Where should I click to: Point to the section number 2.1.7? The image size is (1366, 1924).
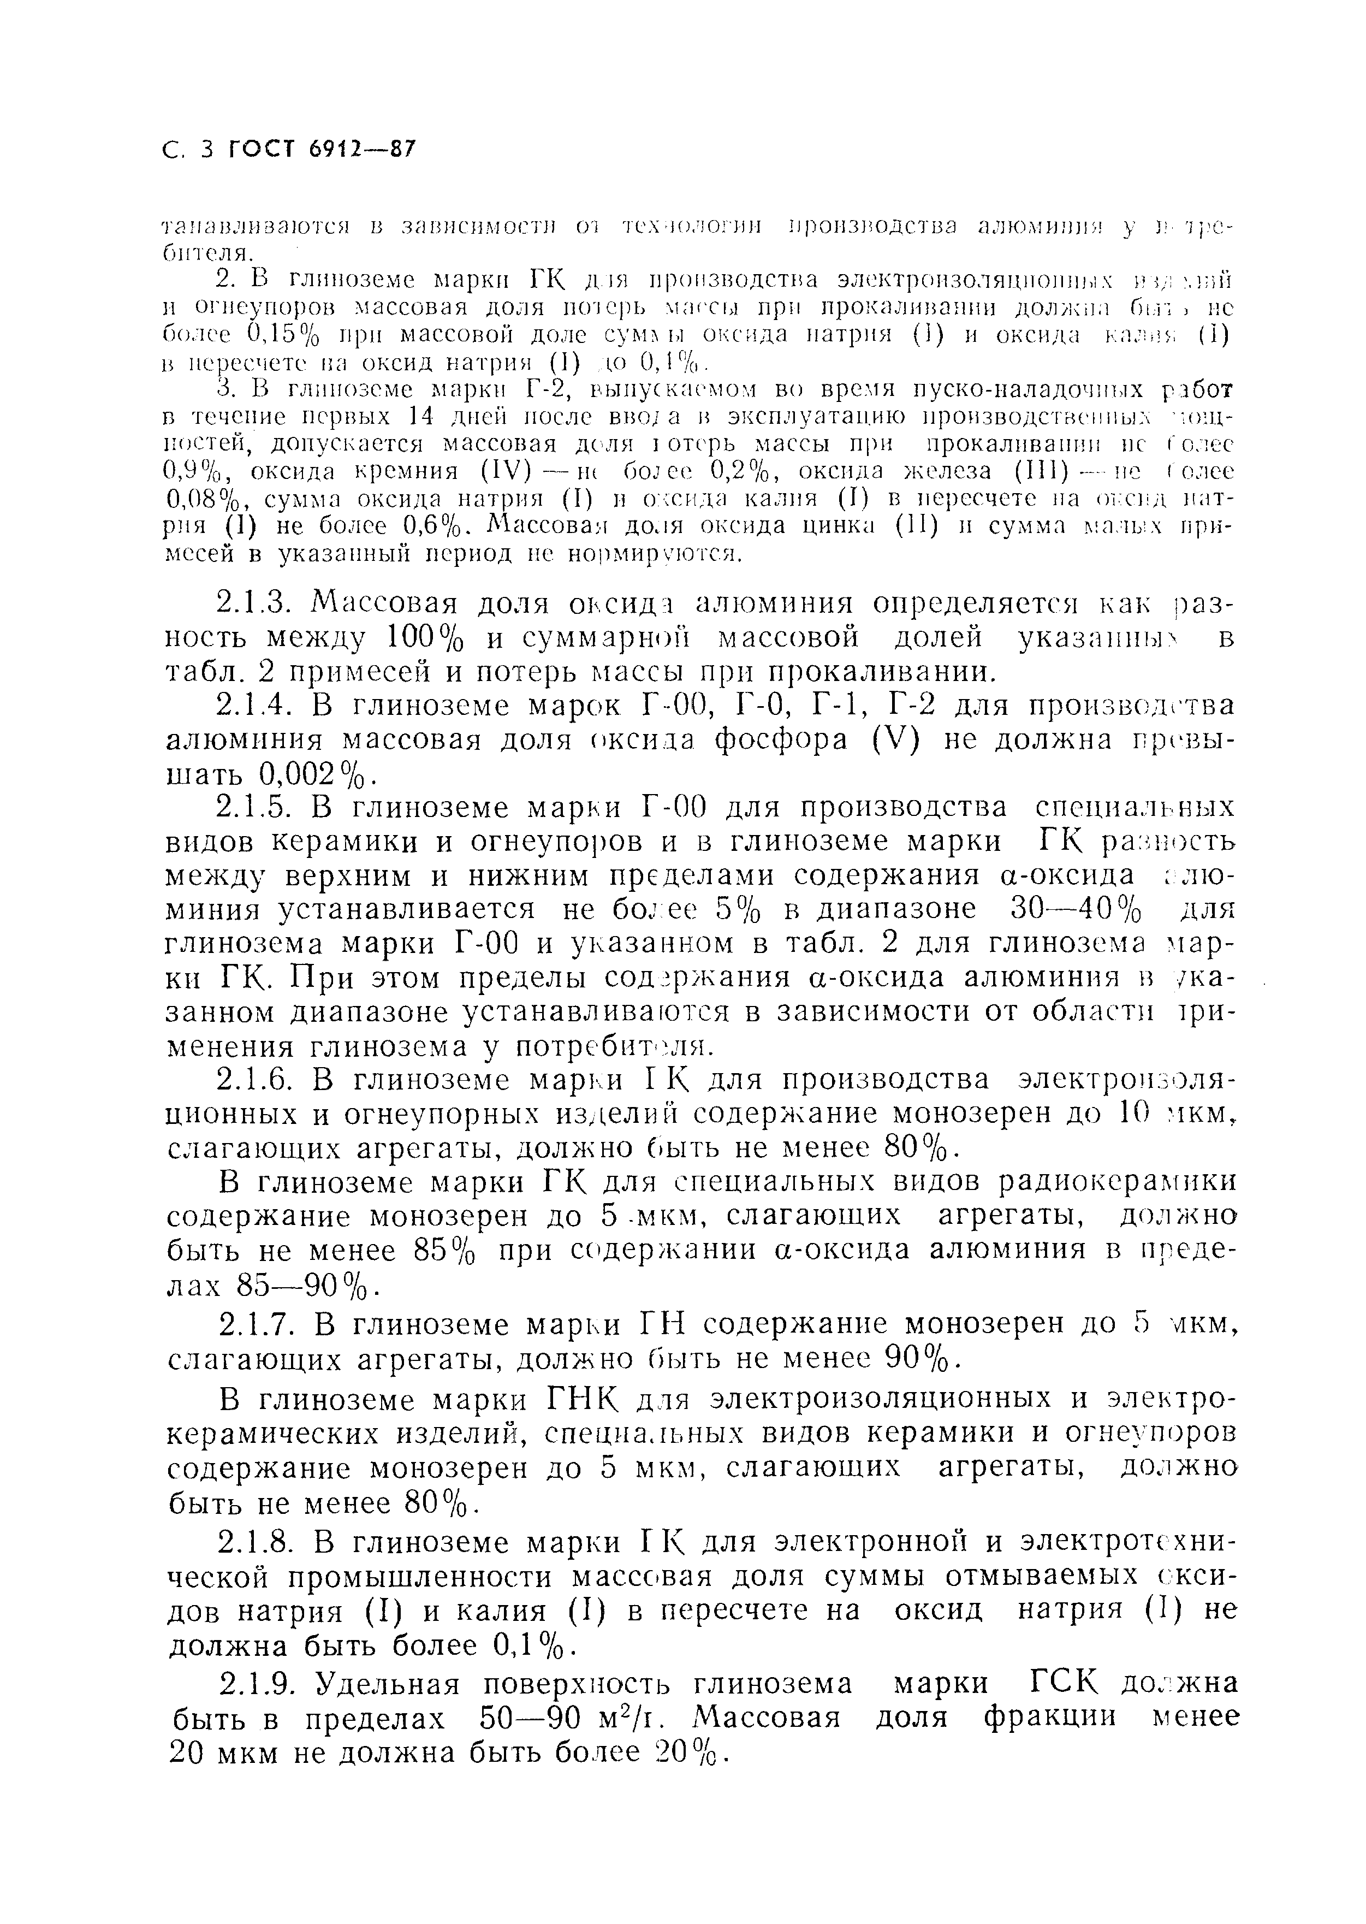point(257,1325)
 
